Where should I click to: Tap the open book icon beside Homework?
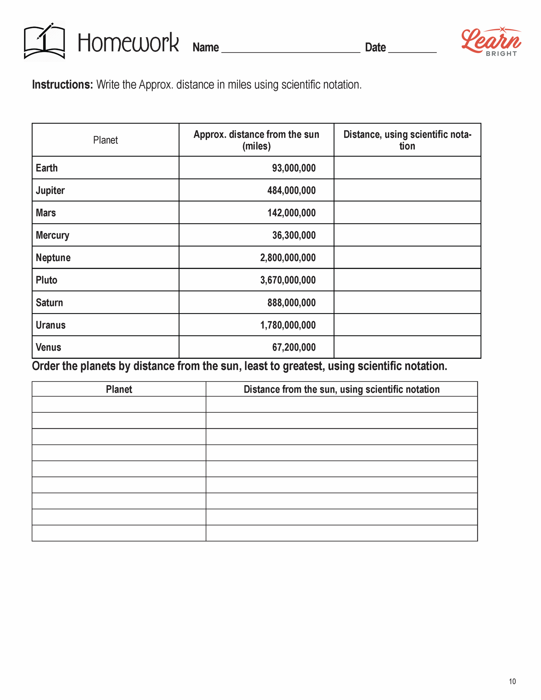tap(45, 41)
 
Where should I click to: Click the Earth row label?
tap(47, 168)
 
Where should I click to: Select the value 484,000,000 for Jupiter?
tap(291, 190)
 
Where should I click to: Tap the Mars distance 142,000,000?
tap(291, 213)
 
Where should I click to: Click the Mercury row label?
tap(52, 235)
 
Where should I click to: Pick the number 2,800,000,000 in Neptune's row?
tap(288, 258)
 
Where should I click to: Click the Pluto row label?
tap(46, 280)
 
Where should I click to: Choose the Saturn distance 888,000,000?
tap(291, 303)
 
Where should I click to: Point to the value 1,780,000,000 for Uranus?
tap(288, 325)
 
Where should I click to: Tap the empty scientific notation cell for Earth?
tap(407, 168)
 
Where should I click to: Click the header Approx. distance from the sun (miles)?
tap(256, 140)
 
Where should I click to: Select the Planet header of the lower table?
tap(119, 389)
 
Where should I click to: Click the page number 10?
tap(512, 681)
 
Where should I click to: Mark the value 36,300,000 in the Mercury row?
tap(294, 235)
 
